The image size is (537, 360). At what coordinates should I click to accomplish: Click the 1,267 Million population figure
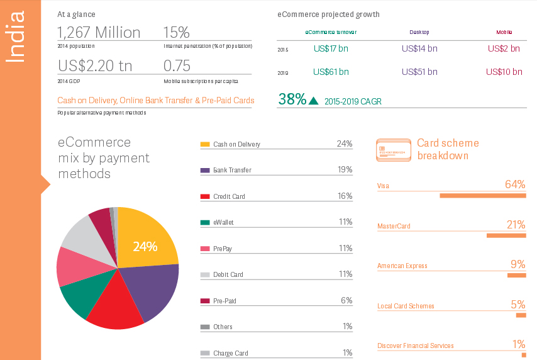(x=99, y=33)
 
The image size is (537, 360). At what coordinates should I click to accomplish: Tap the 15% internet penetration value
(x=176, y=33)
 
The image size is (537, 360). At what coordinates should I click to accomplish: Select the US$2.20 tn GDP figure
(x=95, y=66)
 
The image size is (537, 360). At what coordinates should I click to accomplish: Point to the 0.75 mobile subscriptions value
(x=177, y=66)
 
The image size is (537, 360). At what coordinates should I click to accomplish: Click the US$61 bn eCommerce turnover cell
(x=331, y=72)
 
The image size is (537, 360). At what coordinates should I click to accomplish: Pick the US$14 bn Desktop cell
(x=419, y=48)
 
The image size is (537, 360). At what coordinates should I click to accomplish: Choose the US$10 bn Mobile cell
(x=504, y=72)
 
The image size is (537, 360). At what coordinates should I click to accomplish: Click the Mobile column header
(x=504, y=31)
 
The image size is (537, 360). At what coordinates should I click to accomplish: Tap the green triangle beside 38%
(x=314, y=101)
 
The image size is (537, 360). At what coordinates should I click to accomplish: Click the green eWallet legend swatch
(x=204, y=222)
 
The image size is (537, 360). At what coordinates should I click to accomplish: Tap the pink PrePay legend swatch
(x=204, y=249)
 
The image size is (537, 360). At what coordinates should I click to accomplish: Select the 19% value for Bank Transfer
(x=344, y=170)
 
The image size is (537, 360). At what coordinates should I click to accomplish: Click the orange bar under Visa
(x=482, y=196)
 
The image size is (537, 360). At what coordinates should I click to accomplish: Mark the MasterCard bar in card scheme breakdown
(x=506, y=235)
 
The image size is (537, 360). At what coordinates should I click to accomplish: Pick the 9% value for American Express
(x=518, y=264)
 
